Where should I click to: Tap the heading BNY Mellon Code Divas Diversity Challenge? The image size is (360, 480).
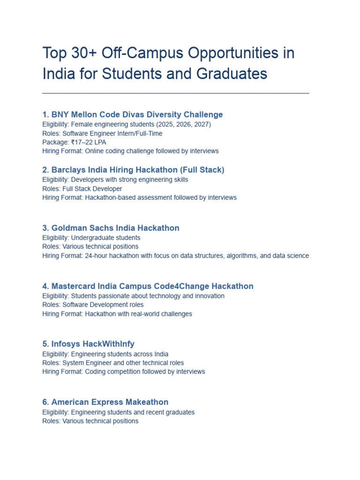point(133,114)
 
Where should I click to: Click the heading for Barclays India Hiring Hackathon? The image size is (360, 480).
point(133,170)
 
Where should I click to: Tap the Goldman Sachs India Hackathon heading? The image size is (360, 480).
point(111,228)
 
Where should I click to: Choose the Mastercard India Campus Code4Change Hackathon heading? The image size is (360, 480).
point(148,286)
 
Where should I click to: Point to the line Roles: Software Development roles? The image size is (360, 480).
point(93,305)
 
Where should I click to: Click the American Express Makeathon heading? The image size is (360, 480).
point(105,402)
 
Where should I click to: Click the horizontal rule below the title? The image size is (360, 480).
point(176,93)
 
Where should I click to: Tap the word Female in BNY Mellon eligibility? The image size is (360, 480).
point(81,124)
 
